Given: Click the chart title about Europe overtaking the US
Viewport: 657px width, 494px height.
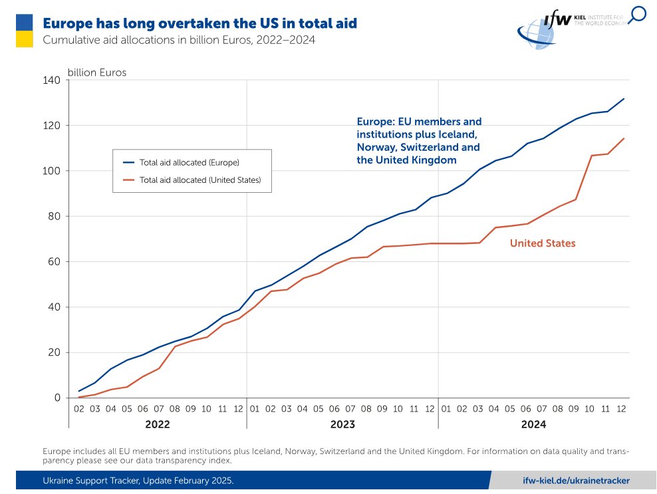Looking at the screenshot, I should tap(199, 23).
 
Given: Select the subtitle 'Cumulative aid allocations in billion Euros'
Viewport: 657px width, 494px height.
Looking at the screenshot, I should tap(178, 40).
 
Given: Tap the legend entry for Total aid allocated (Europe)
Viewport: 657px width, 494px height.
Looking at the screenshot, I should tap(189, 162).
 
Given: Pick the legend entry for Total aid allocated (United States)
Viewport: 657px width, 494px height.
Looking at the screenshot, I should tap(199, 180).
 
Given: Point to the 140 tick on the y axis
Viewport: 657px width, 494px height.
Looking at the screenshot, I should tap(52, 80).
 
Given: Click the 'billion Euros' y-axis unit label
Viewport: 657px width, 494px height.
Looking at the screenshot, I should tap(97, 72).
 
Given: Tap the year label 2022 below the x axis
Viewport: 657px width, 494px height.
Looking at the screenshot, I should tap(158, 424).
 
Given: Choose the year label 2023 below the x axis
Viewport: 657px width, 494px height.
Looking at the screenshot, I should tap(342, 424).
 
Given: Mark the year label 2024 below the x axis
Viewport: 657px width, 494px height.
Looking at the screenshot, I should tap(533, 424).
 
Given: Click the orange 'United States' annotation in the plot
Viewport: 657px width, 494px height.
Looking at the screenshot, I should tap(543, 244).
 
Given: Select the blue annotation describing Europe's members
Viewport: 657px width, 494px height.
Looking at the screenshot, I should tap(419, 141).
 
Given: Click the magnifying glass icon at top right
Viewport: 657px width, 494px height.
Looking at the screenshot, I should tap(637, 15).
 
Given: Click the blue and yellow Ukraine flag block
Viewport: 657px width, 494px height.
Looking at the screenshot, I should tap(25, 31).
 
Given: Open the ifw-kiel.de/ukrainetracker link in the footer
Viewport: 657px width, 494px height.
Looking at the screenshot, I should tap(576, 480).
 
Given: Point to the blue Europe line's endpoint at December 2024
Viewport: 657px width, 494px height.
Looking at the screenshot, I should tap(624, 99).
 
